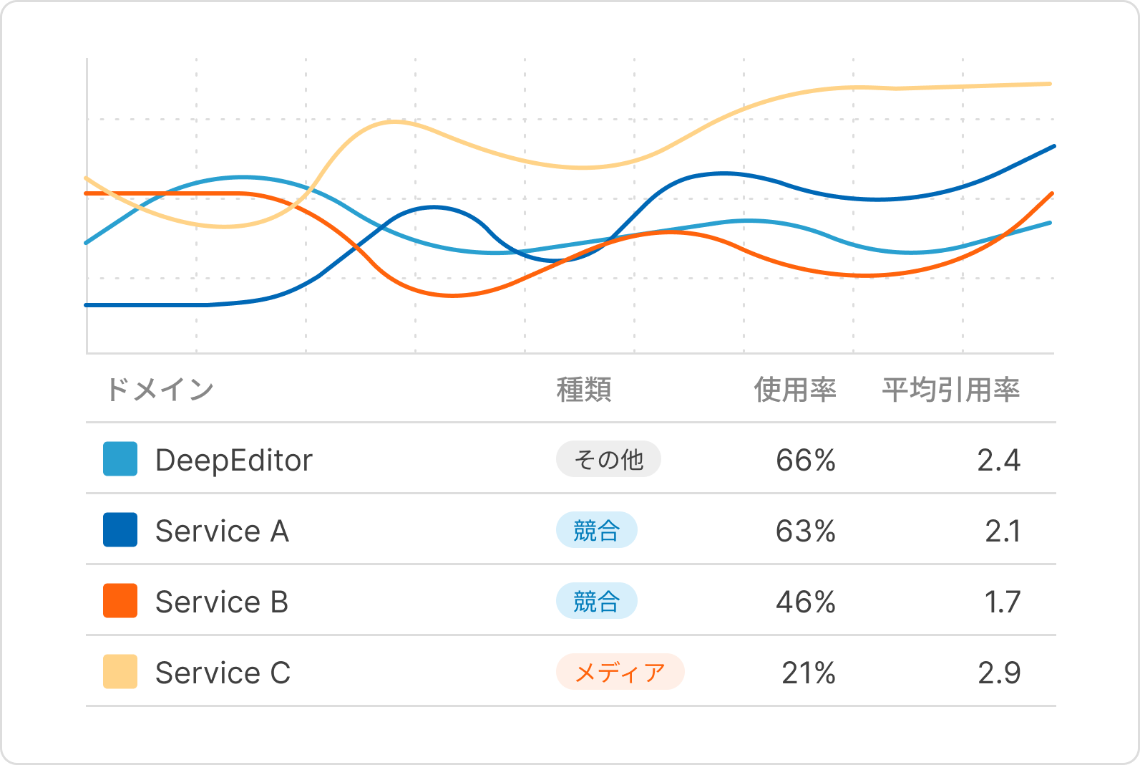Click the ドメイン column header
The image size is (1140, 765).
tap(159, 390)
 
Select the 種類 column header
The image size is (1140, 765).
tap(584, 390)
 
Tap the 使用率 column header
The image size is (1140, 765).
tap(794, 390)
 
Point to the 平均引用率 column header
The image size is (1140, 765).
tap(950, 390)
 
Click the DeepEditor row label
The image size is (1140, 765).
tap(233, 460)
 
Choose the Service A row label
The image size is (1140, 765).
tap(222, 531)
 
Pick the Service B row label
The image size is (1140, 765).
tap(222, 602)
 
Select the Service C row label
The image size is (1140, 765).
tap(223, 673)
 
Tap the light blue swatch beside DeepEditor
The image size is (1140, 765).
tap(120, 459)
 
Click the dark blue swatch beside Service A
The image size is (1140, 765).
tap(120, 530)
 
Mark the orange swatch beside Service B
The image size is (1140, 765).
tap(120, 601)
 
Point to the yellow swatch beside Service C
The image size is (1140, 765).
tap(120, 672)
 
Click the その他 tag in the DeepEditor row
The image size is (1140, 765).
tap(608, 459)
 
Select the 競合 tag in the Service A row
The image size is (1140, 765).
tap(596, 530)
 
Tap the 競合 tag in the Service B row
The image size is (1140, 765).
tap(596, 601)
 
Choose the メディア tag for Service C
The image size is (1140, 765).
tap(620, 672)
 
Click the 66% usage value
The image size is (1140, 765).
tap(806, 460)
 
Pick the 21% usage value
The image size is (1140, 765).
tap(809, 673)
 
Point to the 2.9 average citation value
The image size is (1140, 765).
tap(999, 673)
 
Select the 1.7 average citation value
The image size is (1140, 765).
tap(1003, 602)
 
